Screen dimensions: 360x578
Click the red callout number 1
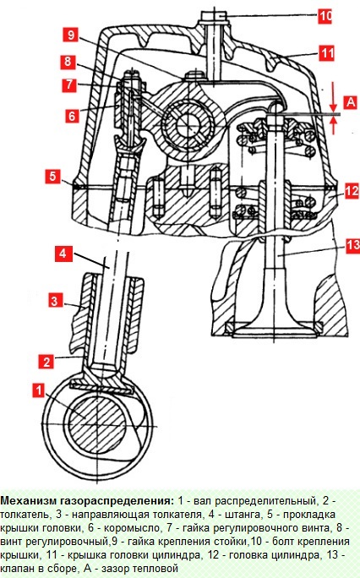[x=38, y=390]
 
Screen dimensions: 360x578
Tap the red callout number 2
[x=46, y=362]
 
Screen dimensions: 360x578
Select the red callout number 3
[x=55, y=301]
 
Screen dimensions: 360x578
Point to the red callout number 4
[x=63, y=254]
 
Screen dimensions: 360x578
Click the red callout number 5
[x=52, y=177]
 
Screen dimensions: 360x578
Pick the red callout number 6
[x=72, y=116]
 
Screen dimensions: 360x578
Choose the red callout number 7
[x=69, y=85]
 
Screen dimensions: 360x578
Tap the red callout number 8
[x=68, y=61]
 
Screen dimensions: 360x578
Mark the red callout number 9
[x=70, y=35]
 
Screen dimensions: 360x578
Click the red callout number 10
[x=325, y=16]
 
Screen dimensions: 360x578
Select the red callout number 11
[x=326, y=53]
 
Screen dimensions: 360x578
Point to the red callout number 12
[x=352, y=191]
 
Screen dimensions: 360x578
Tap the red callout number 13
[x=352, y=245]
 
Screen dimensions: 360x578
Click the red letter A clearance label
[x=351, y=101]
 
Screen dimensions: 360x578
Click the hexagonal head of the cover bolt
[x=214, y=17]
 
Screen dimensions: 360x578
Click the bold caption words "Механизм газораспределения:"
[x=87, y=501]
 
